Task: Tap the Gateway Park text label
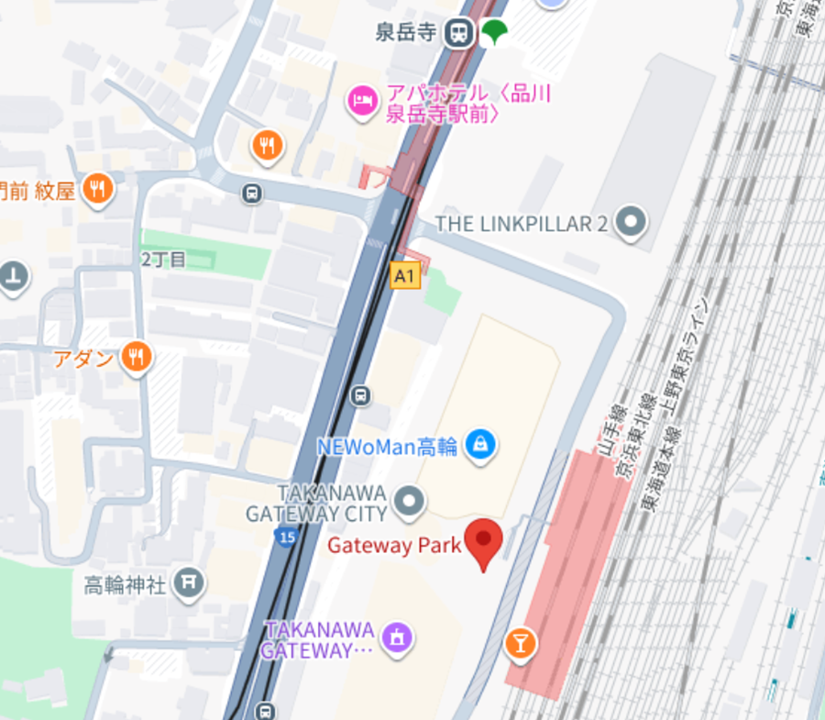[x=394, y=545]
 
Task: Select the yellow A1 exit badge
[x=405, y=275]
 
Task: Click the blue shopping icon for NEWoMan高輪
[x=479, y=446]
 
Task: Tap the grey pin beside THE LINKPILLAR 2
[x=630, y=222]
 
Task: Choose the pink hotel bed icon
[x=362, y=101]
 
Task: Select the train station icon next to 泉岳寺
[x=457, y=34]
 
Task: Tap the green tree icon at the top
[x=495, y=32]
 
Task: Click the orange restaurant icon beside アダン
[x=137, y=357]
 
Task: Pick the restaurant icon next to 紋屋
[x=96, y=190]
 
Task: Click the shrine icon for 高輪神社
[x=189, y=582]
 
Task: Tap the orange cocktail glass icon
[x=521, y=643]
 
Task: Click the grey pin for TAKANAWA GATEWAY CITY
[x=409, y=501]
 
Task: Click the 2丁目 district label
[x=163, y=260]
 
